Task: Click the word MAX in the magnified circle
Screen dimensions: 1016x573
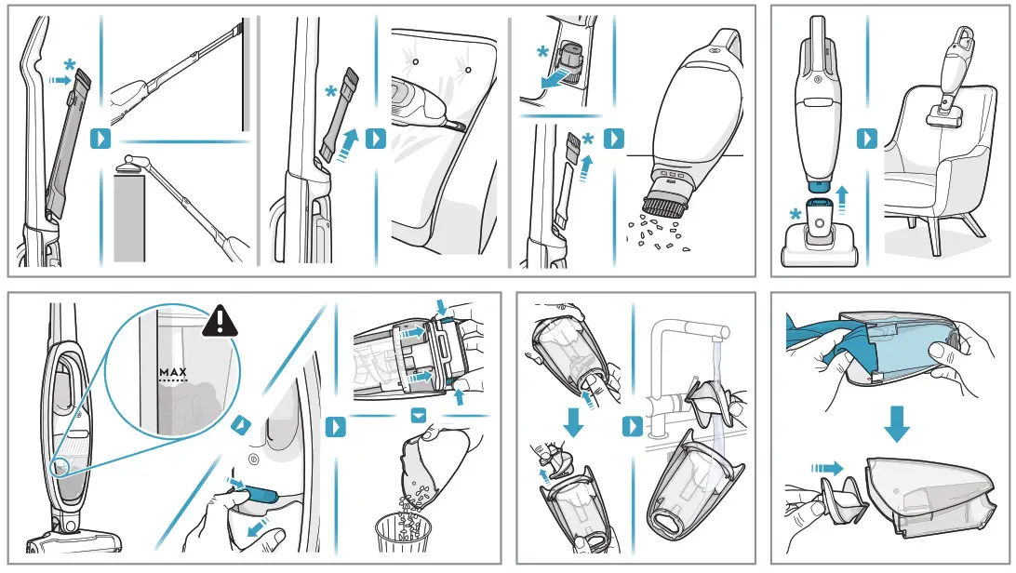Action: (x=173, y=372)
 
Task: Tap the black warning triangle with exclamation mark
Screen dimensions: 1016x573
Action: (x=221, y=321)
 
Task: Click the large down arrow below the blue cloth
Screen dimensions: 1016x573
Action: (x=897, y=423)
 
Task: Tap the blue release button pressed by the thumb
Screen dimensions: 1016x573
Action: (x=261, y=494)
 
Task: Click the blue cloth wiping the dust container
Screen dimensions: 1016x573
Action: (x=832, y=336)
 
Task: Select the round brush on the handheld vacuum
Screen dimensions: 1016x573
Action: (x=665, y=200)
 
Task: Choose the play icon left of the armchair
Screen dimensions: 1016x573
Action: (x=866, y=139)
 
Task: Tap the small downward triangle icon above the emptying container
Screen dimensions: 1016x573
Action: (x=419, y=414)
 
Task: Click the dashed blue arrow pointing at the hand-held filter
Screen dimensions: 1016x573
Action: (x=827, y=468)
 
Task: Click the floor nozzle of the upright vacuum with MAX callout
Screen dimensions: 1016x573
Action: (x=74, y=541)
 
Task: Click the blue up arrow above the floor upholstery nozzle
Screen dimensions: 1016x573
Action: (x=842, y=199)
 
